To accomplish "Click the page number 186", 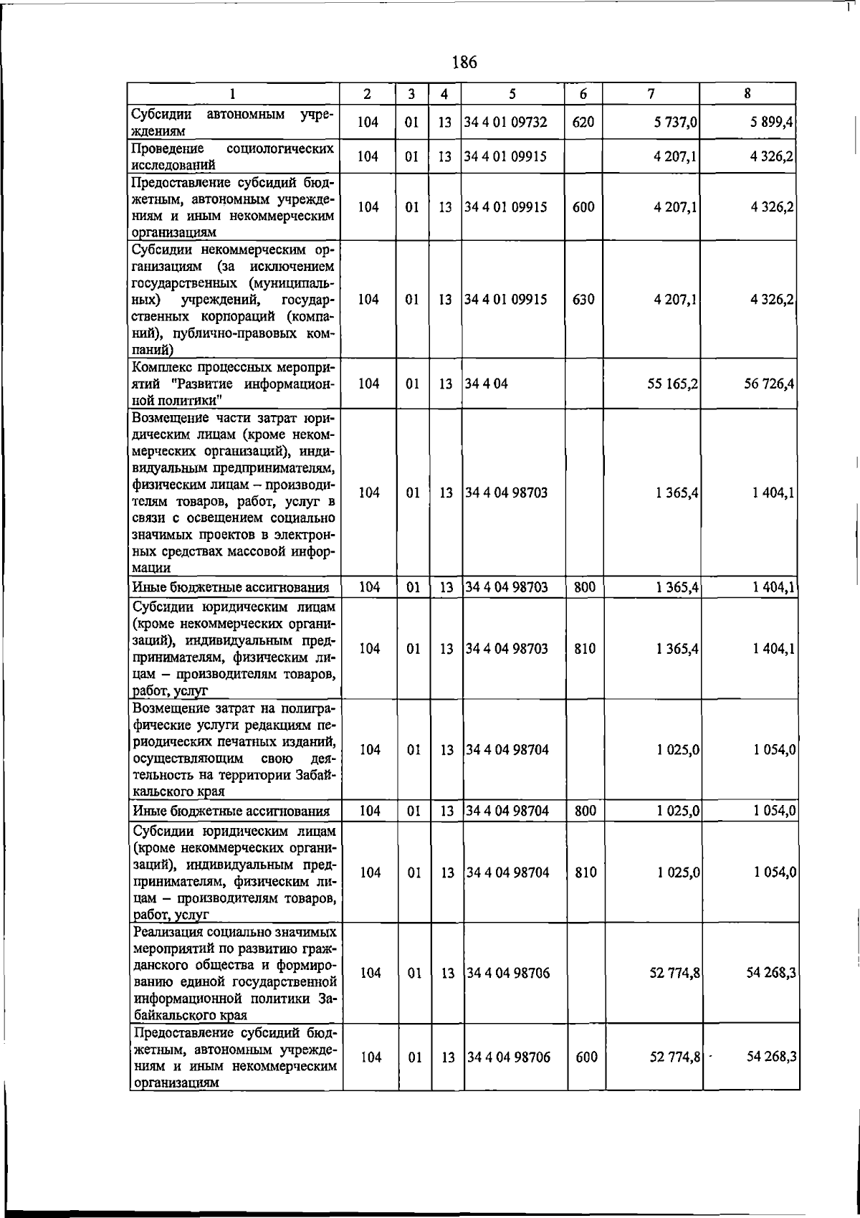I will coord(464,62).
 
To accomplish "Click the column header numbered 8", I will coord(747,93).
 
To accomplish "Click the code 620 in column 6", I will coord(583,123).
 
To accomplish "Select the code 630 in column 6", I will coord(583,300).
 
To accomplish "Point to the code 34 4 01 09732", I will coord(506,123).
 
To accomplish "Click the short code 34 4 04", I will coord(487,384).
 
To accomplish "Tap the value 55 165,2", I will coord(672,384).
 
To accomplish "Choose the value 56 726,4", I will coord(768,384).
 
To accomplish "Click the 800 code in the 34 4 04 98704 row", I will coord(586,811).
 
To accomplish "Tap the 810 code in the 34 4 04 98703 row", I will coord(586,649).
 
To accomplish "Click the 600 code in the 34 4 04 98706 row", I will coord(586,1057).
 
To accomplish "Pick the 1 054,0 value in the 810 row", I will coord(775,872).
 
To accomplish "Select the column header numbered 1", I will coord(233,94).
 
